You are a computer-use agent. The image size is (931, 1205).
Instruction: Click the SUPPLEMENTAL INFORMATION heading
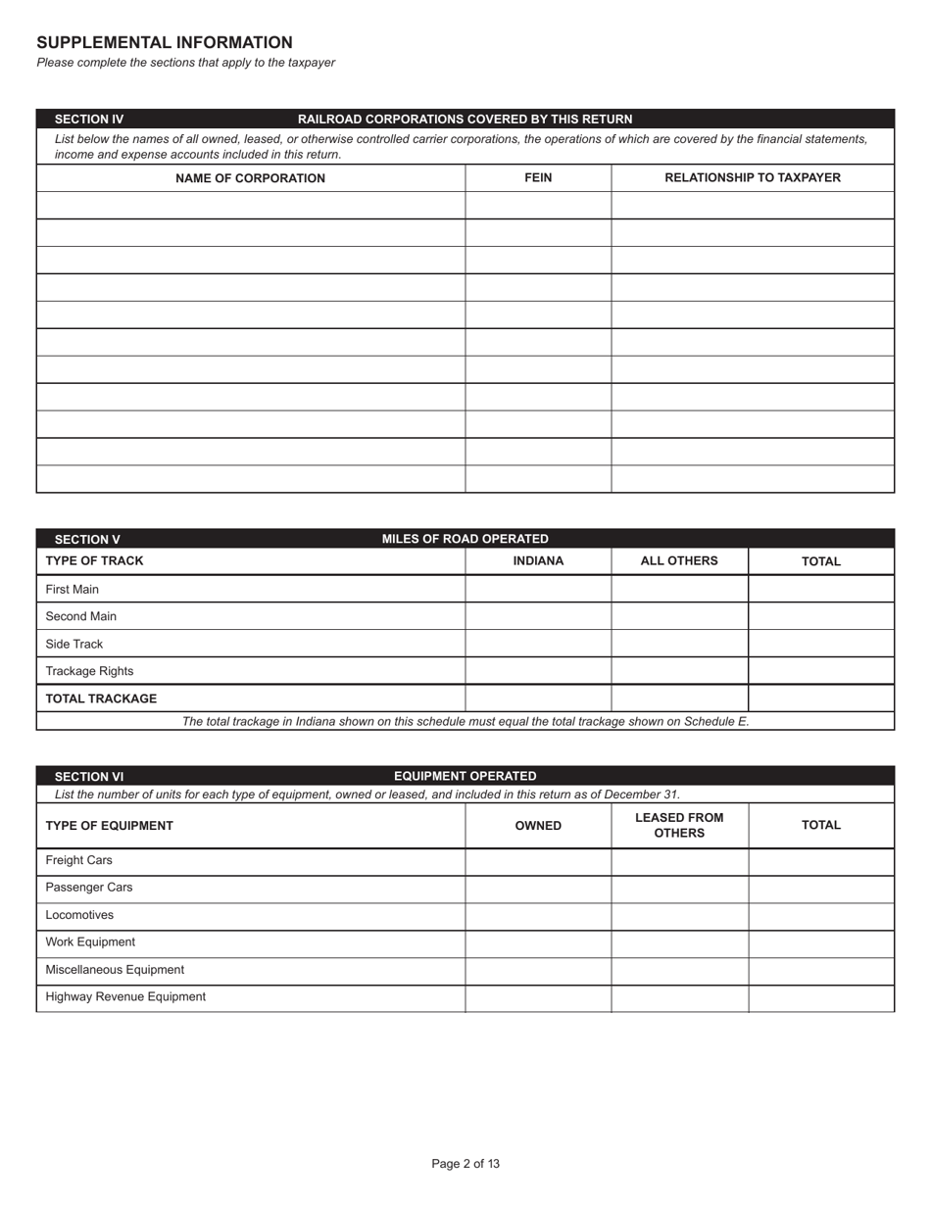165,43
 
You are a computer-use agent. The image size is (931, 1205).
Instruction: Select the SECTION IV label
89,120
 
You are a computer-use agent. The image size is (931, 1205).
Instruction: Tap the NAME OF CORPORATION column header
250,178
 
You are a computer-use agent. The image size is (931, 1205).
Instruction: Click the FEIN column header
538,178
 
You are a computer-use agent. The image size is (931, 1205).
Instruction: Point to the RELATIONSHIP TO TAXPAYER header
753,178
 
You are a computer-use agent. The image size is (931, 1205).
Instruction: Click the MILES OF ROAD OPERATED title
465,539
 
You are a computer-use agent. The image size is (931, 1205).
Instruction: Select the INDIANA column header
538,561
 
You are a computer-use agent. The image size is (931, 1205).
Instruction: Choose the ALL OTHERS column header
679,561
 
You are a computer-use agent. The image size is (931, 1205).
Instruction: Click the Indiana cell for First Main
538,590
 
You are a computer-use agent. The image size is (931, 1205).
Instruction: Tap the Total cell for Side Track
821,645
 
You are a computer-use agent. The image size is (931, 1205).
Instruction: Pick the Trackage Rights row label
89,672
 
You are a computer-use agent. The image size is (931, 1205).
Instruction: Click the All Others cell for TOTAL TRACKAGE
679,699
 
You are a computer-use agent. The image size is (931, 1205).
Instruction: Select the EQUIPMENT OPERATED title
465,776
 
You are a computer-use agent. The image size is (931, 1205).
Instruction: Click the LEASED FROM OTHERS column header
679,826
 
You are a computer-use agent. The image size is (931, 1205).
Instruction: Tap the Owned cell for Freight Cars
538,861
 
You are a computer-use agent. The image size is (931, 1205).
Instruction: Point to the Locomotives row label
79,916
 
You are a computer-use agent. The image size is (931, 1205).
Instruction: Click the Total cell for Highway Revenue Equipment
821,997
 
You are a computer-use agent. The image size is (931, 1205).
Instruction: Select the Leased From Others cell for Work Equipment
679,942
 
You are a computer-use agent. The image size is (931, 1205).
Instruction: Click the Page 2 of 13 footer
465,1164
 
